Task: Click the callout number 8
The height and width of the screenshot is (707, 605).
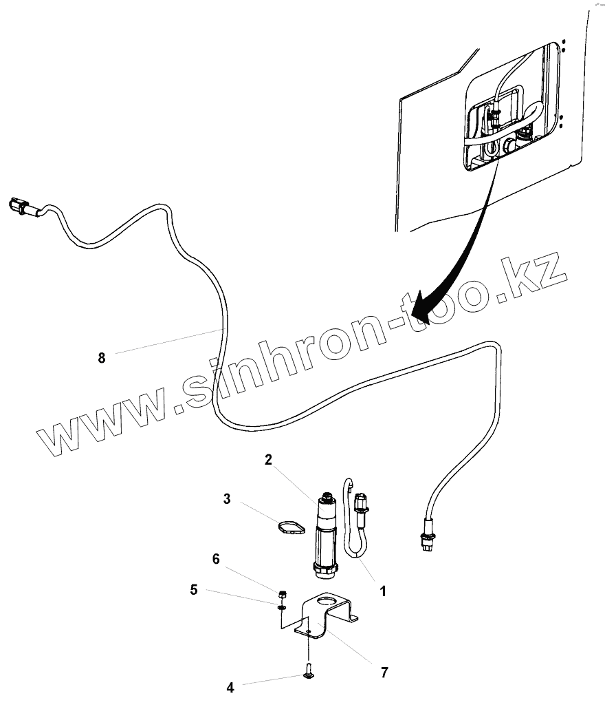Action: (102, 357)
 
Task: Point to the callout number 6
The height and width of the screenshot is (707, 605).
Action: (216, 559)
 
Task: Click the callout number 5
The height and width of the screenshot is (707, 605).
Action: (194, 589)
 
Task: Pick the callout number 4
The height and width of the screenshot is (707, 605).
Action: (230, 687)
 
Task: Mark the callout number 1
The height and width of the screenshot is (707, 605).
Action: (383, 591)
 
